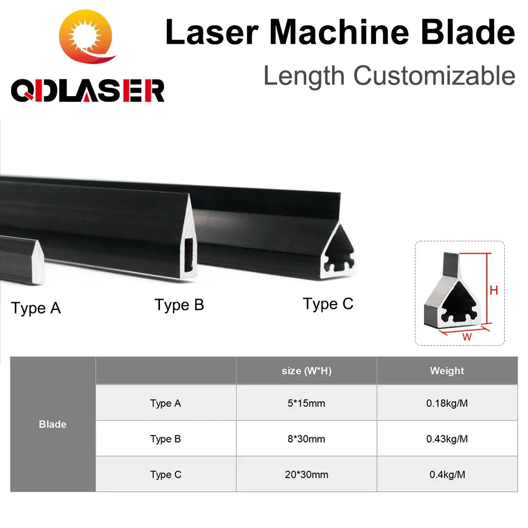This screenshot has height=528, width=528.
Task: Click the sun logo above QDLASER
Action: (x=87, y=36)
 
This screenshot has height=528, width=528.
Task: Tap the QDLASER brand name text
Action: (x=88, y=90)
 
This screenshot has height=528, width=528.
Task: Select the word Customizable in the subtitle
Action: (x=434, y=76)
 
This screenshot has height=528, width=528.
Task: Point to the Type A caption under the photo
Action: (x=36, y=308)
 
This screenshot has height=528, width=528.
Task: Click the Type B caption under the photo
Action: (x=179, y=305)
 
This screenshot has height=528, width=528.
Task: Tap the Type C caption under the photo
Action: (x=328, y=304)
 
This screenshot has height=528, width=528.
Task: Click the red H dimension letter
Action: (x=494, y=290)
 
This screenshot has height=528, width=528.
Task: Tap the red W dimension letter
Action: (x=467, y=337)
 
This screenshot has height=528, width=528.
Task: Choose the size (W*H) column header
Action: (x=306, y=371)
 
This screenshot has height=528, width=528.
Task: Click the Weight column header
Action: (x=447, y=371)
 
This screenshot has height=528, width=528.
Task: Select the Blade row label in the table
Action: (x=52, y=424)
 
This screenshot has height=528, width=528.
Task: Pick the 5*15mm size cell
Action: (x=306, y=403)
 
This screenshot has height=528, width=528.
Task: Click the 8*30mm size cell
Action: (x=306, y=439)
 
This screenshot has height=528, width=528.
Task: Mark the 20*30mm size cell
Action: (x=306, y=475)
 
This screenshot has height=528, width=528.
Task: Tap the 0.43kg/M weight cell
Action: (x=447, y=439)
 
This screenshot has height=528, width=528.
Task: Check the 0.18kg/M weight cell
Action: (x=447, y=403)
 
